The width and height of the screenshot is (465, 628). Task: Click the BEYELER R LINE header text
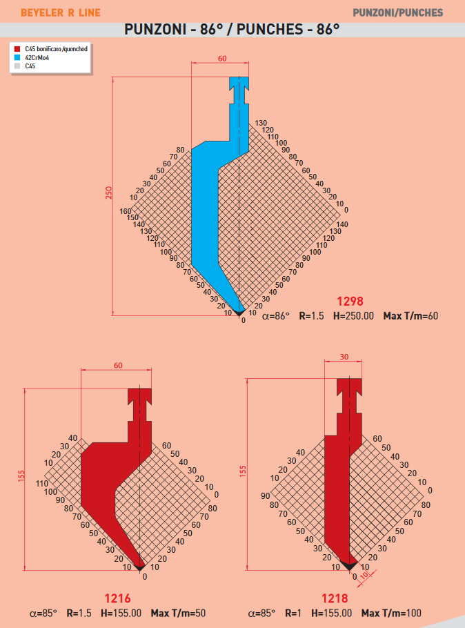click(x=61, y=13)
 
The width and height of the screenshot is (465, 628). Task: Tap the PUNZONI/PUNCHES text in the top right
click(x=397, y=13)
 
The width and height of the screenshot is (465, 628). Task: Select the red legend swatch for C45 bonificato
click(x=17, y=49)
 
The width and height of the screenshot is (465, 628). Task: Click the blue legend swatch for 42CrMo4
click(x=17, y=57)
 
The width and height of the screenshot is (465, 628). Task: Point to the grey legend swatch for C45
click(x=17, y=66)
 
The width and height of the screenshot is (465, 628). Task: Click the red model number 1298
click(x=350, y=301)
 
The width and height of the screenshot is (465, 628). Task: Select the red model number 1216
click(x=117, y=598)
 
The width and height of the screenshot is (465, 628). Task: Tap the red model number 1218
click(x=335, y=598)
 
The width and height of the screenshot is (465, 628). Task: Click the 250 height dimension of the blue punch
click(x=108, y=193)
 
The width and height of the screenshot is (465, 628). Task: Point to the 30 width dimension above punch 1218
click(x=344, y=357)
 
